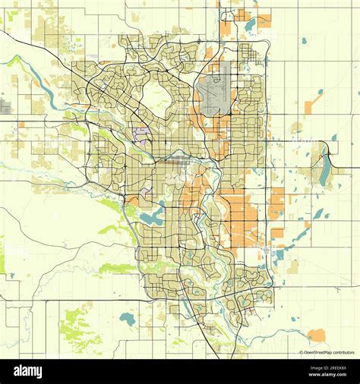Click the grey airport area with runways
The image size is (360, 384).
coord(214,90)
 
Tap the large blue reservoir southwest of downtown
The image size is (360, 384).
coord(150,218)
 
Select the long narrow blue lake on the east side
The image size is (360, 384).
coord(325,172)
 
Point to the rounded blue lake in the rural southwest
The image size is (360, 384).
coord(128,319)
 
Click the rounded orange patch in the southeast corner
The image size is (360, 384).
coord(316,335)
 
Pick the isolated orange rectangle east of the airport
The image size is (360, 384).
coord(309,107)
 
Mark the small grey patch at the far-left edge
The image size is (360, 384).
coord(5,107)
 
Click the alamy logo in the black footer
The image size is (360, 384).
coord(27,371)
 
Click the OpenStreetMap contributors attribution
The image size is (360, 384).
coord(327,353)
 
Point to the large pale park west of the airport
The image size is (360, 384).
coord(156,97)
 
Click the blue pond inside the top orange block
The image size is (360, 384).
coord(250,25)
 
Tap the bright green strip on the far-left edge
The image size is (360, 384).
coord(2,255)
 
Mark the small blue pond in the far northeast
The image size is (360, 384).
coord(304,40)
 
